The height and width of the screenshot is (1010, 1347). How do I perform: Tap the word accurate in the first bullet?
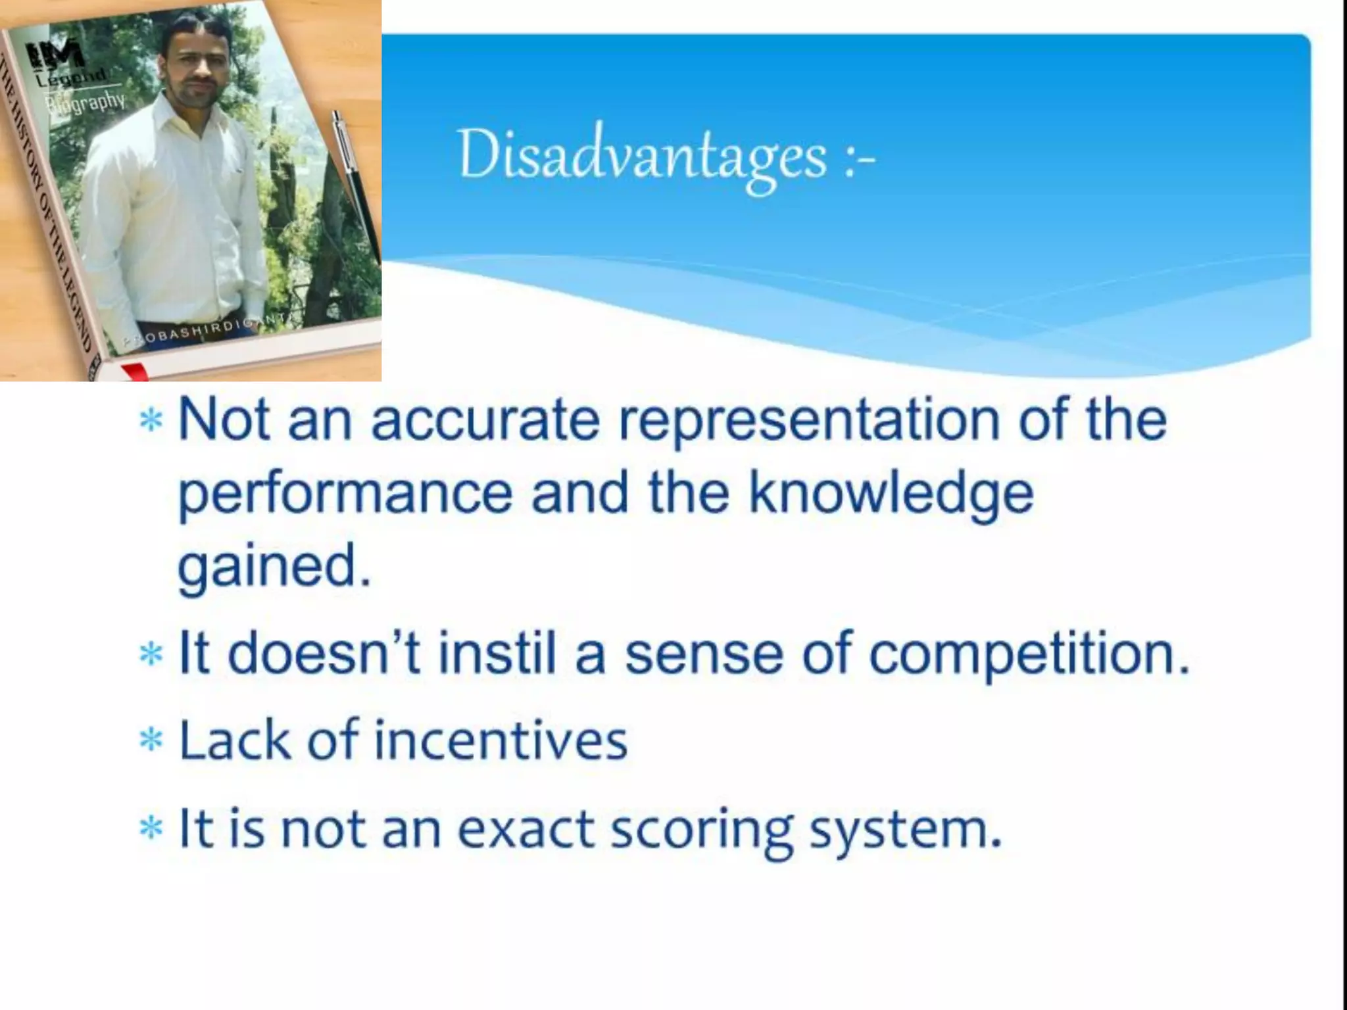(x=485, y=421)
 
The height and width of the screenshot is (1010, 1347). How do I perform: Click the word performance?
(x=345, y=494)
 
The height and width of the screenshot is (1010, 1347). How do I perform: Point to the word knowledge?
(x=891, y=494)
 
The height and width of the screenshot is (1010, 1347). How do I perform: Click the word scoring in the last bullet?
(x=702, y=830)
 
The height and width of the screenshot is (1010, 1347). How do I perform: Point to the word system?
(x=905, y=830)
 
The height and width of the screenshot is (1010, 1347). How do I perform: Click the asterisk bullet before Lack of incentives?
(x=151, y=740)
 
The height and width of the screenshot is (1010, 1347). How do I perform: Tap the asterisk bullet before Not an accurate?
(x=151, y=420)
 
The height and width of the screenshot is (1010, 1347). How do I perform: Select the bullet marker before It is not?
(x=151, y=828)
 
